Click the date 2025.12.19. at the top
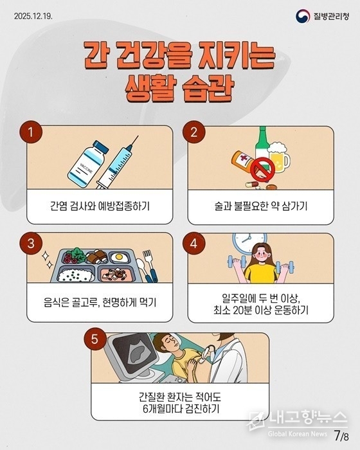pos(33,16)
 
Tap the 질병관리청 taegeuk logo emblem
pos(303,16)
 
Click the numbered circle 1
pos(31,132)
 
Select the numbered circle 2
pos(194,132)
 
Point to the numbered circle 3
pos(31,244)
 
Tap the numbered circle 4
pos(194,244)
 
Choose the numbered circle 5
pos(94,339)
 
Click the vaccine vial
pos(88,164)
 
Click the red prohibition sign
pos(263,169)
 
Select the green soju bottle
pos(262,147)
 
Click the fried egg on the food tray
pos(119,257)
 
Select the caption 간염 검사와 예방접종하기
pos(100,206)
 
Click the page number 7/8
pos(341,436)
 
